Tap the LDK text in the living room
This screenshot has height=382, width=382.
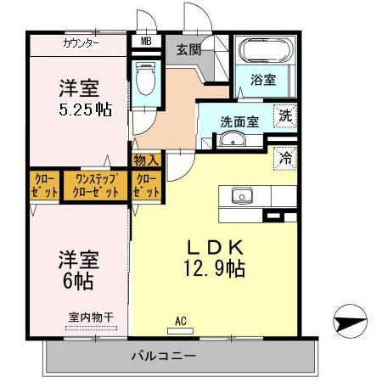tap(216, 248)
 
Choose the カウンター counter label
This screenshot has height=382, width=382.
tap(81, 42)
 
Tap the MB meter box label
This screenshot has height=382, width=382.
tap(146, 41)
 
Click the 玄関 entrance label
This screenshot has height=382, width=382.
tap(188, 49)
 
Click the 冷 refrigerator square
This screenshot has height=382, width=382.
tap(286, 156)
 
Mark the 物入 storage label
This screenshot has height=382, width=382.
tap(146, 160)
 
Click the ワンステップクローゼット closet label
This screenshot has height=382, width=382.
tap(96, 186)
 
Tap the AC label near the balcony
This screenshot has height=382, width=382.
tap(180, 321)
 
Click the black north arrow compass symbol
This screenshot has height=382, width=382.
tap(350, 320)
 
